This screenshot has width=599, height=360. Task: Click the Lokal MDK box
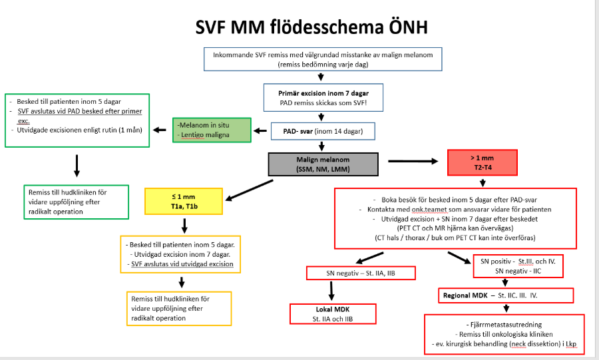(x=331, y=314)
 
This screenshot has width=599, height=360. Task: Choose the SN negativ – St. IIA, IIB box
(x=360, y=273)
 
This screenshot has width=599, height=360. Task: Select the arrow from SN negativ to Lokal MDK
(x=330, y=291)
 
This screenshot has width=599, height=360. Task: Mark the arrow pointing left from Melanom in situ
(x=160, y=130)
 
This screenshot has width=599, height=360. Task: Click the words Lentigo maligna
(x=204, y=135)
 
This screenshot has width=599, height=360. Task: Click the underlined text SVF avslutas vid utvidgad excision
(x=182, y=264)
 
